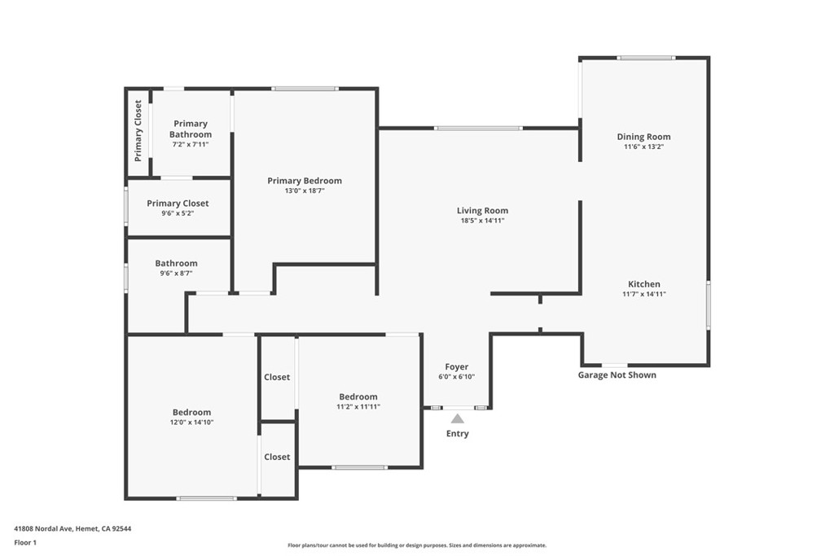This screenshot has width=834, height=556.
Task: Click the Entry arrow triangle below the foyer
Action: [x=458, y=419]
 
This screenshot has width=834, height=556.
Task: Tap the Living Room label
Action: [x=482, y=211]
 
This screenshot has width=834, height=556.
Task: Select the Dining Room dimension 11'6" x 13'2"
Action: [x=643, y=147]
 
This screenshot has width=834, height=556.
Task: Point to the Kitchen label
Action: [x=644, y=284]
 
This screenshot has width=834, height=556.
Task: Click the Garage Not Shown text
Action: [x=617, y=374]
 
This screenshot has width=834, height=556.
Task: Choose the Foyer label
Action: [x=456, y=367]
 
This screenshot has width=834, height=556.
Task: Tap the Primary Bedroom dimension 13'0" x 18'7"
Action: [x=305, y=190]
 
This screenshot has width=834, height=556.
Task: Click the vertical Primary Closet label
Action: [x=138, y=131]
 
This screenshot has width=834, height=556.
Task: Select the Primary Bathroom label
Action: [x=191, y=129]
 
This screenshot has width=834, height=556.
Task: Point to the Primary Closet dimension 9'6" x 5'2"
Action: [x=178, y=213]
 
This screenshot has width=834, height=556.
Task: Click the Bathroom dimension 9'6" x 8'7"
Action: [x=176, y=274]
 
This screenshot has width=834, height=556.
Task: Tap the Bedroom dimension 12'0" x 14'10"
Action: [x=191, y=422]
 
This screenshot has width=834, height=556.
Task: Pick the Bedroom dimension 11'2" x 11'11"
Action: [x=358, y=407]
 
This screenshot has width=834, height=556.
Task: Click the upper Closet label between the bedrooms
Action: [x=277, y=377]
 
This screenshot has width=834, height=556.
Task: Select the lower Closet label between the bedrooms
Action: [x=277, y=457]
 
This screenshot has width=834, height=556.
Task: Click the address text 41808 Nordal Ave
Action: [x=43, y=528]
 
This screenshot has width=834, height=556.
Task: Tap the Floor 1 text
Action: [x=25, y=543]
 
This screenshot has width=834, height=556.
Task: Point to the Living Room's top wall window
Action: [x=478, y=128]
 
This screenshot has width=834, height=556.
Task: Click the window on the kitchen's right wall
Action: [x=708, y=304]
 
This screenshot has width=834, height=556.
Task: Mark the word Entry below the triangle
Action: [x=458, y=434]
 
